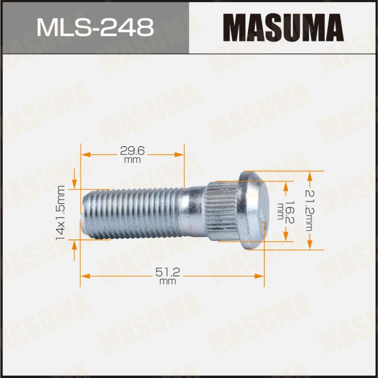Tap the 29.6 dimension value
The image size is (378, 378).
pos(132,151)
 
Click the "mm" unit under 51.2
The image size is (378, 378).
pos(168,281)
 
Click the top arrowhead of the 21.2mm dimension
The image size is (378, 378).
pos(310,176)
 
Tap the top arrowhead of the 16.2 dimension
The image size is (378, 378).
pos(286,185)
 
